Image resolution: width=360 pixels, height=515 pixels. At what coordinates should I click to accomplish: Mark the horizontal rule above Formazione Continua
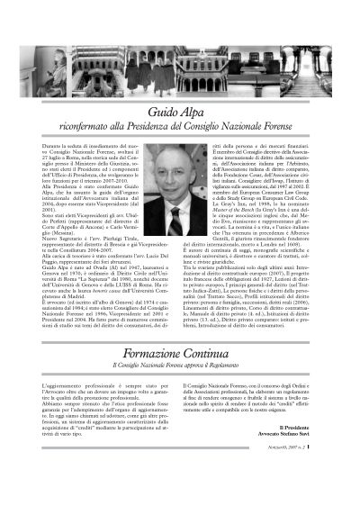[x=180, y=306]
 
